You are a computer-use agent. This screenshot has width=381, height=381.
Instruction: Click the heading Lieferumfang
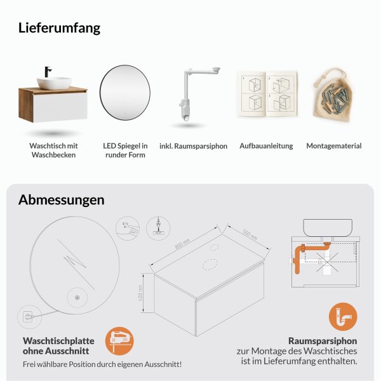(x=59, y=28)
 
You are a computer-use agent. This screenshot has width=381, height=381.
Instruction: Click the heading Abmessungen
(x=61, y=199)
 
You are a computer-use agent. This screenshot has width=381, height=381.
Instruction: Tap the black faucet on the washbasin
(x=48, y=74)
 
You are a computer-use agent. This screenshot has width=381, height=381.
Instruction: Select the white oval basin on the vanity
(x=53, y=83)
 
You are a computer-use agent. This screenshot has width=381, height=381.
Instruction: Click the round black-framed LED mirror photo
(x=125, y=94)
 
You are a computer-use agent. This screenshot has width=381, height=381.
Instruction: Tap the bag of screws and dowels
(x=334, y=95)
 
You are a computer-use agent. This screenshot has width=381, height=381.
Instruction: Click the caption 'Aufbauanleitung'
(x=266, y=146)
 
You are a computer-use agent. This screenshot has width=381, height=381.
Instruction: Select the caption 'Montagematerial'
(x=334, y=146)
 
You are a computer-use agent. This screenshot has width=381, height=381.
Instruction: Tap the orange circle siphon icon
(x=343, y=316)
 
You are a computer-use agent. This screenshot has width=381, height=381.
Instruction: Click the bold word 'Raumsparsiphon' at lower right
(x=323, y=340)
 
